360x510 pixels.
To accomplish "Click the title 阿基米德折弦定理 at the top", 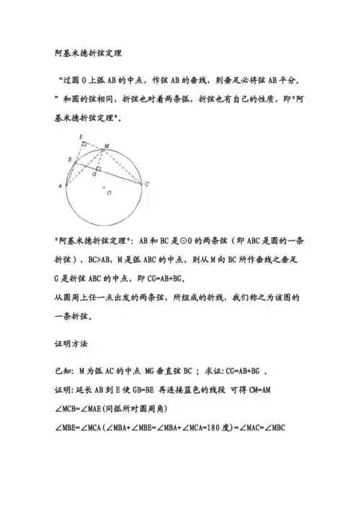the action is tap(88, 53).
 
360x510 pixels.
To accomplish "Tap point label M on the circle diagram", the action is tap(107, 146).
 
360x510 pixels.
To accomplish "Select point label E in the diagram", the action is tap(81, 135).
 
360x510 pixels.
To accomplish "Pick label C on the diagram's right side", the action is tap(147, 184).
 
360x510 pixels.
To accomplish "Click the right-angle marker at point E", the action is tap(85, 144).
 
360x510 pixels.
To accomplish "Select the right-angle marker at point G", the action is tap(98, 169).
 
